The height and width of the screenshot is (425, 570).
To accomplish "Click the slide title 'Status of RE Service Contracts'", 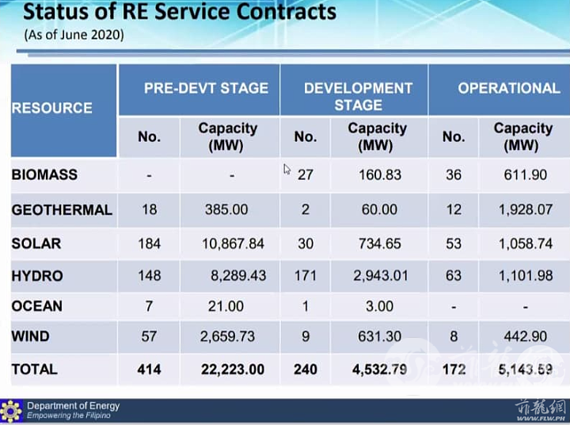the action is tap(180, 12).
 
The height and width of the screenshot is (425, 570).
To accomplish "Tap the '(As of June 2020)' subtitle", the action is tap(74, 35).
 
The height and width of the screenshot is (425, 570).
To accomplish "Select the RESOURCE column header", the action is tap(52, 108).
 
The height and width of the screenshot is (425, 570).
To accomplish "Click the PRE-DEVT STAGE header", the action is tap(206, 88).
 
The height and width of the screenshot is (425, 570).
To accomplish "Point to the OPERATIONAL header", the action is tap(509, 88).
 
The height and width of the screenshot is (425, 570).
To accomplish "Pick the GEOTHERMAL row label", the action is tap(62, 210).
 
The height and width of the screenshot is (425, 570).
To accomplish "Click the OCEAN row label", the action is tap(36, 306).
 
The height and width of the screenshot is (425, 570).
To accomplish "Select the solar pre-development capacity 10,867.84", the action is tap(233, 243).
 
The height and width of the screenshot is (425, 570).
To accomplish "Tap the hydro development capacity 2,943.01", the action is tap(381, 276).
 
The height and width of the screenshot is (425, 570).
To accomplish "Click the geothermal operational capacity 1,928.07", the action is tap(526, 209).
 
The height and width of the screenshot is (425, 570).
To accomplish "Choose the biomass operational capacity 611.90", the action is tap(526, 174).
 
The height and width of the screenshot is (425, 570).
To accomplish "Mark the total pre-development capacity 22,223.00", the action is tap(233, 369).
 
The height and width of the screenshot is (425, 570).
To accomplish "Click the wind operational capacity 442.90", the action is tap(526, 336).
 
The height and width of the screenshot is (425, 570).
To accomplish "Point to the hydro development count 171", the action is tap(306, 276).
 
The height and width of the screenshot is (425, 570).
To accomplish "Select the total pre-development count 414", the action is tap(150, 369).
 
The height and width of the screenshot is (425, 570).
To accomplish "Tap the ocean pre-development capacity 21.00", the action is tap(226, 306).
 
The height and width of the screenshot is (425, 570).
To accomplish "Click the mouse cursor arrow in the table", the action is tap(287, 170).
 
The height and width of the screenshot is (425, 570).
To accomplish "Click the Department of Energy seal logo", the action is tap(11, 412).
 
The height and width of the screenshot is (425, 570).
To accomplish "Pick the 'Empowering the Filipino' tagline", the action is tap(68, 415).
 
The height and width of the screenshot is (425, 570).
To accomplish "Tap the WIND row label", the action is tap(31, 336).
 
